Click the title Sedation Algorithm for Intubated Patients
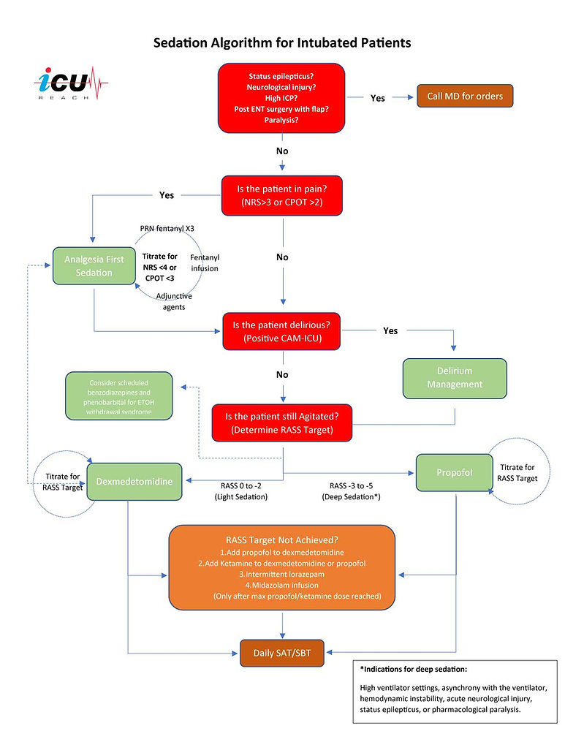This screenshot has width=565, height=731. coord(282,43)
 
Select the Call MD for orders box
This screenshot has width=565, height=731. coord(465,96)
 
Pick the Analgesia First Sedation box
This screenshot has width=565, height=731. coord(94,266)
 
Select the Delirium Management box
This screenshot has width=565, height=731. coord(455,378)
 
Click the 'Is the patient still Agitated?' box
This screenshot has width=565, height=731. coord(281,423)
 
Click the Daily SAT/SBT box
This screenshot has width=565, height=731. coord(281,651)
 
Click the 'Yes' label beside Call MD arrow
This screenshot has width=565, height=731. coord(377,98)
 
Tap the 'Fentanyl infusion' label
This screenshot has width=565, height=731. coord(204,262)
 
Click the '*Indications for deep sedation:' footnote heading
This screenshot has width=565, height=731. coord(414,669)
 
